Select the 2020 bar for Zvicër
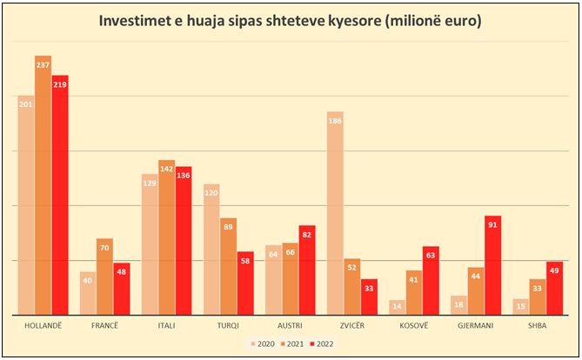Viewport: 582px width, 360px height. [335, 213]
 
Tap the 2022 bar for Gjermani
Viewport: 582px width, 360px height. [493, 265]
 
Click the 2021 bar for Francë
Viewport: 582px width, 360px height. [104, 277]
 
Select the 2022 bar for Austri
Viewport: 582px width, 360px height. [307, 270]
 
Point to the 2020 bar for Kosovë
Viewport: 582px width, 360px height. [397, 307]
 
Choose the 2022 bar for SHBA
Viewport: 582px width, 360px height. [555, 288]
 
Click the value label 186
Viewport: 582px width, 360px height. [335, 121]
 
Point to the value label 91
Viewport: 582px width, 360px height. [493, 225]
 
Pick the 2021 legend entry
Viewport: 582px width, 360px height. [293, 344]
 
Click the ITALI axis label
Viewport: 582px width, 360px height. [166, 325]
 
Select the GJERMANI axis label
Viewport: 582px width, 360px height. [476, 325]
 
